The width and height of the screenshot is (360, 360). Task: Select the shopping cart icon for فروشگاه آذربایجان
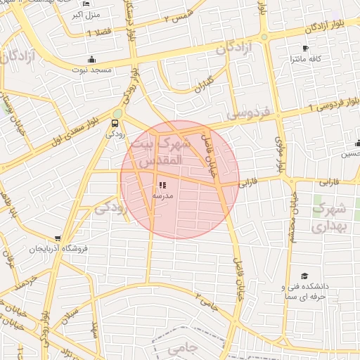57,238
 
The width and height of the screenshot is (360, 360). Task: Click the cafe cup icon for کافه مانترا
304,49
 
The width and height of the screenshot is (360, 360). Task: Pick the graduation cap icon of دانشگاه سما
304,276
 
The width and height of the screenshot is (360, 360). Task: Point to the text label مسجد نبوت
90,70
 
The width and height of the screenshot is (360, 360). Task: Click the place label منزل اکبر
87,14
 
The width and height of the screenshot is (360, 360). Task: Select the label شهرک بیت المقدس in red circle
166,153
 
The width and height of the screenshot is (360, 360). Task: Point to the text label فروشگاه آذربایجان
57,250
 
